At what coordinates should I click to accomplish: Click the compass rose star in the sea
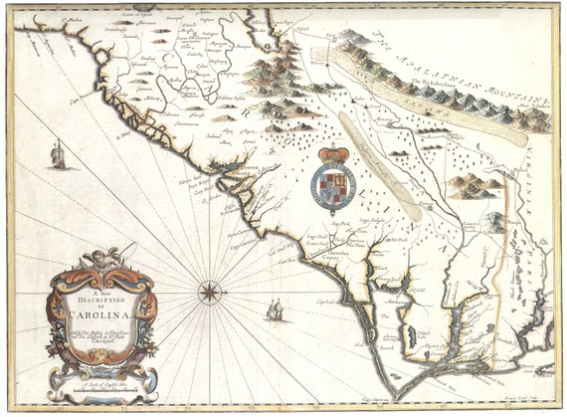point(211,292)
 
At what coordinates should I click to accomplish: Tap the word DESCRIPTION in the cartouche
point(103,302)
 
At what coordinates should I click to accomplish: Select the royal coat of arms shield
point(332,187)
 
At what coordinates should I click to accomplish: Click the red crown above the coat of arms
point(334,155)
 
